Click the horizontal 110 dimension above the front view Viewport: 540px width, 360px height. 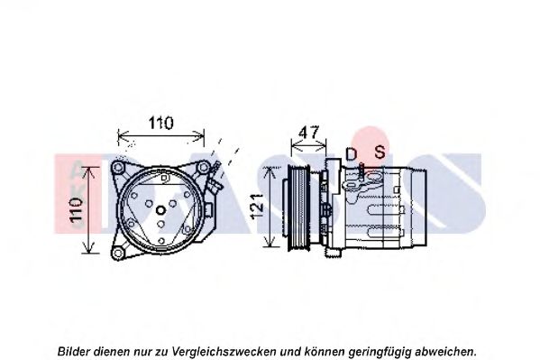(160, 123)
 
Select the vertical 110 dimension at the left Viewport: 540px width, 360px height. (77, 210)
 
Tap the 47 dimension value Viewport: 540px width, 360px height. (308, 133)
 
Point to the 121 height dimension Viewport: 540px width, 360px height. (257, 207)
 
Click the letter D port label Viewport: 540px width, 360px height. (351, 153)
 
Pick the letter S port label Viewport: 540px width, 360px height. (380, 152)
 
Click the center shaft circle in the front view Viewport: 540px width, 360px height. (160, 210)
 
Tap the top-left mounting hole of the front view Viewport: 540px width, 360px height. (118, 168)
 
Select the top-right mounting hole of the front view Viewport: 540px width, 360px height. (203, 167)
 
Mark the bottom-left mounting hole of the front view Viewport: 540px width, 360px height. (118, 254)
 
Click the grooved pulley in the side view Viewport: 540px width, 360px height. (298, 207)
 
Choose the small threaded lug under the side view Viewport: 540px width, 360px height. (333, 252)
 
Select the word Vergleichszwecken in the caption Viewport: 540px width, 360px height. (224, 352)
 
